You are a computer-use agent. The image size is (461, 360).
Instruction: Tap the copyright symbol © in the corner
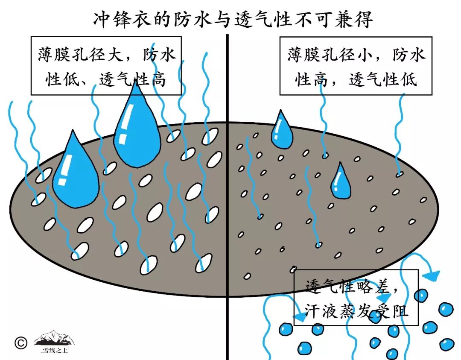coord(20,342)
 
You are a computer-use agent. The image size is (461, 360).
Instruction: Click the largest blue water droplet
coord(136,130)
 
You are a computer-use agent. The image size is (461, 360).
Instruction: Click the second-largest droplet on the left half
coord(75,173)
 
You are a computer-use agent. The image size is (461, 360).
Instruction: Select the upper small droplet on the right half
coord(282,131)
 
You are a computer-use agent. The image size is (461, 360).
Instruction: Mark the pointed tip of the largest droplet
coord(136,83)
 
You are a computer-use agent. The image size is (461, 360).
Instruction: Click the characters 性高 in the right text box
coord(316,79)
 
